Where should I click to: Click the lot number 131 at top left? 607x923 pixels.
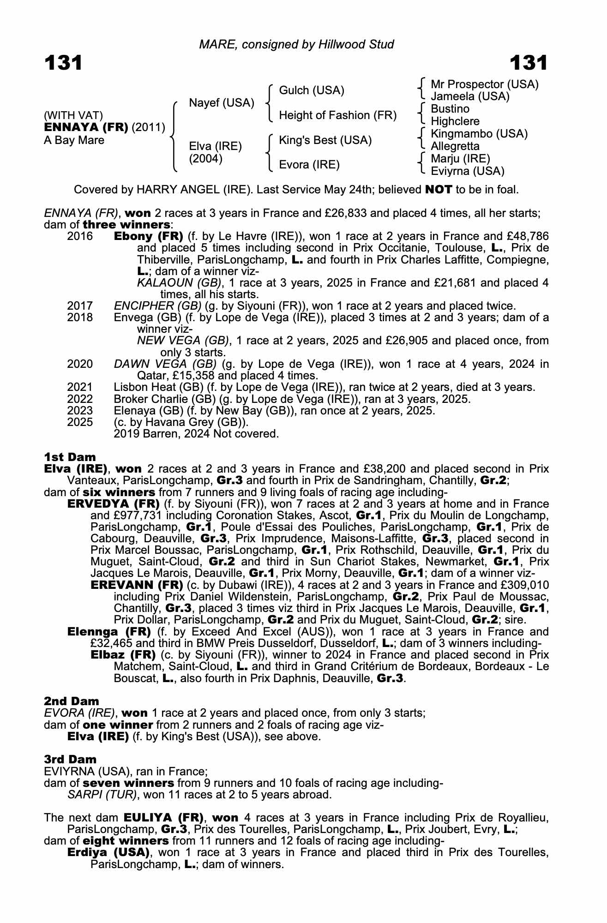(x=63, y=63)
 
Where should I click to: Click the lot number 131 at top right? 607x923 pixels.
(x=529, y=63)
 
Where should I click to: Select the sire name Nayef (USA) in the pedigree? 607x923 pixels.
(x=222, y=103)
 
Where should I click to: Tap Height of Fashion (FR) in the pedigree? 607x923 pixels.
(x=338, y=115)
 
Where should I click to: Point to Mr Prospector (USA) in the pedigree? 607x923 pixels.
(x=484, y=84)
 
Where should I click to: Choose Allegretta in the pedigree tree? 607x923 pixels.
(x=455, y=146)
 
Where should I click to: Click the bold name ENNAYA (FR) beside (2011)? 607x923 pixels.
(x=86, y=127)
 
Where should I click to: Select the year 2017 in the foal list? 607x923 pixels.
(x=80, y=306)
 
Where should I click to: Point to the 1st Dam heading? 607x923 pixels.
(x=70, y=457)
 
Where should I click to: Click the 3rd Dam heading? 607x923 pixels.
(x=70, y=759)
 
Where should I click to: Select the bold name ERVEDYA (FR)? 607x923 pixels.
(x=114, y=504)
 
